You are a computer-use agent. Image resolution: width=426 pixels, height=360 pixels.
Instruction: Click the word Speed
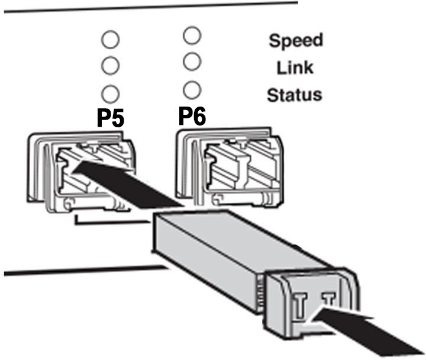(x=296, y=41)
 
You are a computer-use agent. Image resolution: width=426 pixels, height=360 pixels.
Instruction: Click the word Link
(x=295, y=67)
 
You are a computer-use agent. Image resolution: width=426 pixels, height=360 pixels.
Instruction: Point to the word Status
(x=295, y=95)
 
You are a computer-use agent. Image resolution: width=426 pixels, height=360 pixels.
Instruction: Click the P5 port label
(x=111, y=118)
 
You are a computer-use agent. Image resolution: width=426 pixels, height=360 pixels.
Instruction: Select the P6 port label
(x=192, y=116)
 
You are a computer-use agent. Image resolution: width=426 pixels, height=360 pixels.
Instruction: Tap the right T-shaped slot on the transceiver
(x=330, y=300)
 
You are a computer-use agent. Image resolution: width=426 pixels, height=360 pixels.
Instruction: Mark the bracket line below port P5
(x=112, y=221)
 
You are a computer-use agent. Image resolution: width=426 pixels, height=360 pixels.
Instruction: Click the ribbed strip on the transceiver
(x=260, y=294)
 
